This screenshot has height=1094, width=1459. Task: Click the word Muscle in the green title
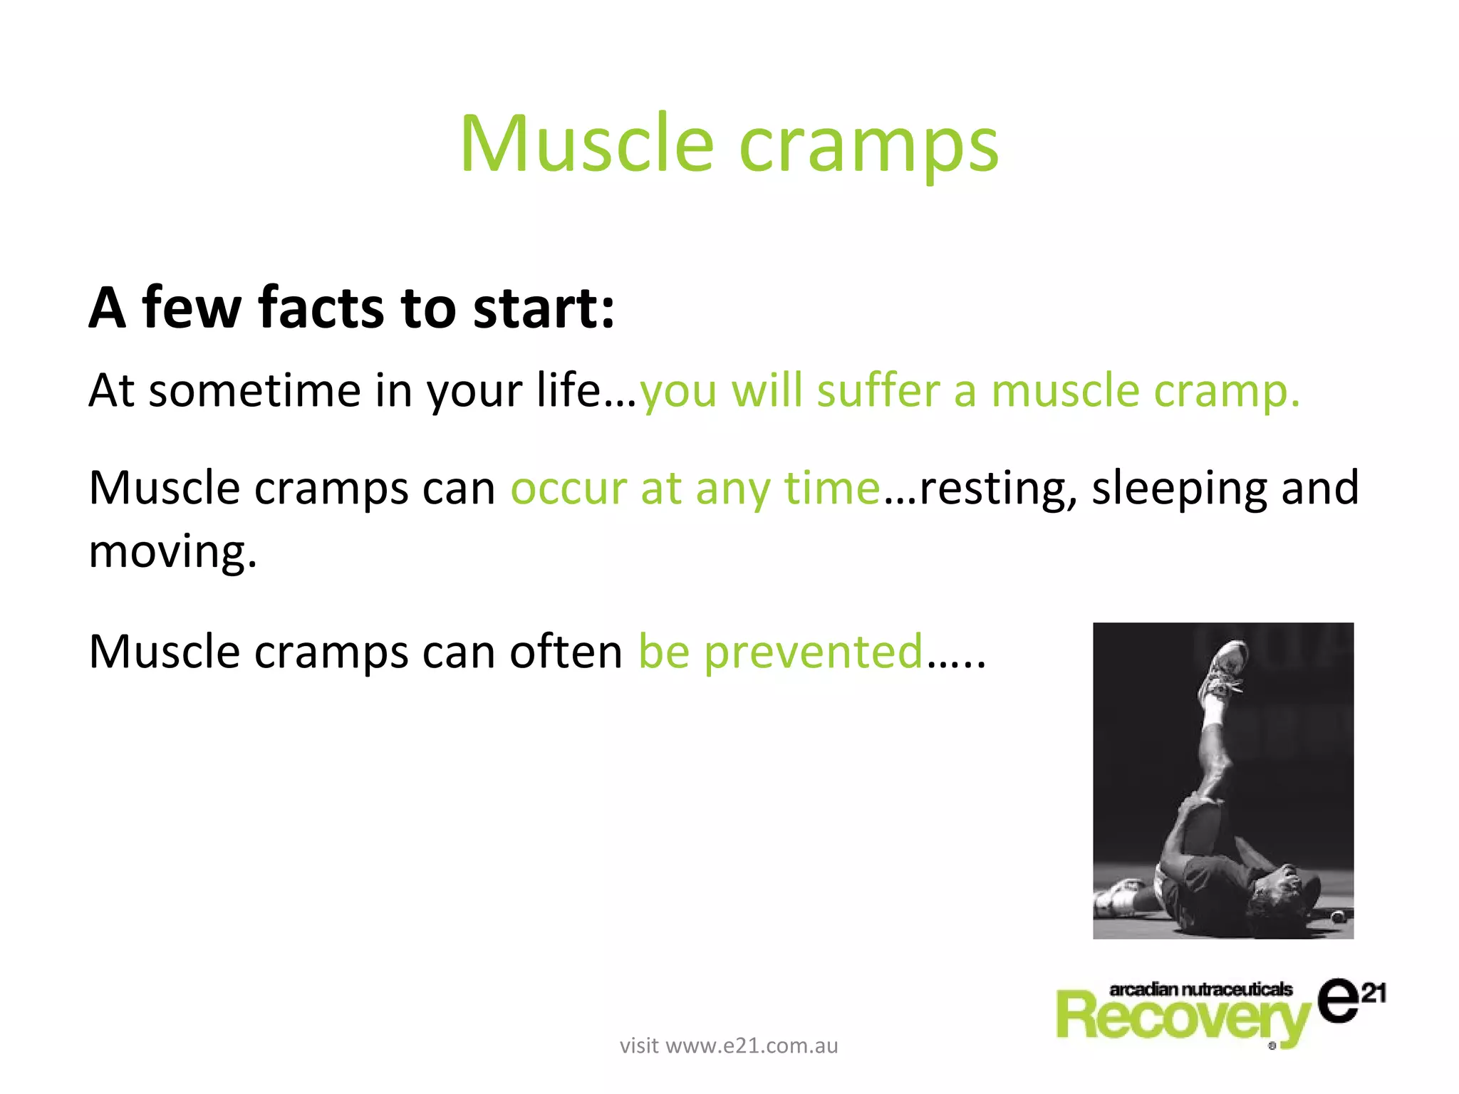[586, 145]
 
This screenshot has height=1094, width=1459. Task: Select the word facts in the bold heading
[321, 308]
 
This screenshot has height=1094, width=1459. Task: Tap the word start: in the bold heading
[544, 309]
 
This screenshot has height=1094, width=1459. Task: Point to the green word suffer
[878, 391]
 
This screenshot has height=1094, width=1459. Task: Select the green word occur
[568, 489]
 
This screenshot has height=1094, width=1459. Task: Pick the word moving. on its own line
[172, 552]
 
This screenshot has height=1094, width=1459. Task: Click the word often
[566, 651]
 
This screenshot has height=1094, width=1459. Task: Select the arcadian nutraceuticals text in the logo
[1200, 989]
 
